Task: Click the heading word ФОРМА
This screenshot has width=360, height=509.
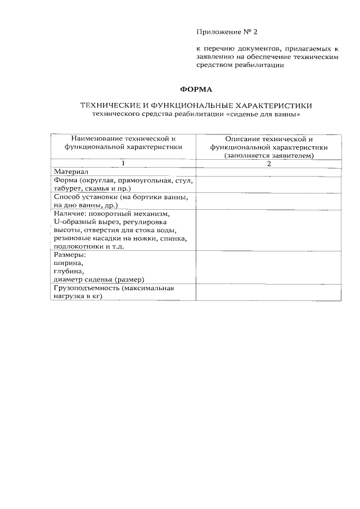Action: (x=195, y=89)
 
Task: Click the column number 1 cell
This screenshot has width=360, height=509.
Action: (x=123, y=163)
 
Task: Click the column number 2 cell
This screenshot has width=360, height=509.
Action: (x=268, y=163)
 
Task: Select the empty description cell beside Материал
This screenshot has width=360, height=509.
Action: (x=268, y=172)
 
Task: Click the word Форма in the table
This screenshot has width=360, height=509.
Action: (x=64, y=180)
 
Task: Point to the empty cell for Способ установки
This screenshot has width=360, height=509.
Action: (x=268, y=201)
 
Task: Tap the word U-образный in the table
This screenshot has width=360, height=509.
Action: (x=74, y=222)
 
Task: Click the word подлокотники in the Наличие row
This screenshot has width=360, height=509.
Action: (x=76, y=246)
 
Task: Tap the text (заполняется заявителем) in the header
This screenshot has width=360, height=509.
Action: (x=268, y=155)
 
